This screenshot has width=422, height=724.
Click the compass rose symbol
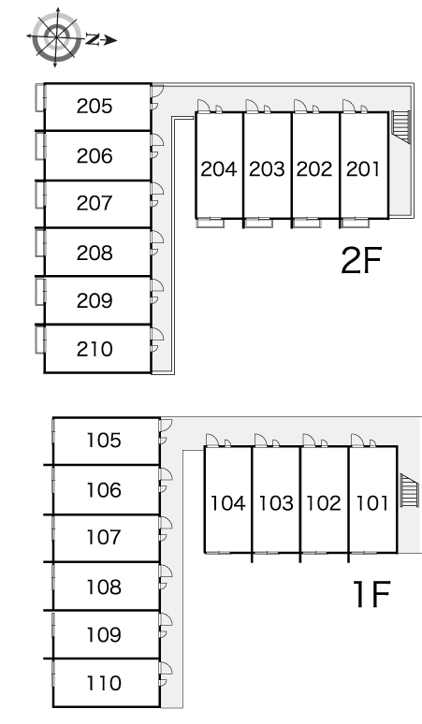coord(56,36)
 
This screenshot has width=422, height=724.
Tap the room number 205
coord(95,107)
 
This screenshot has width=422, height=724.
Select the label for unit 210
coord(95,349)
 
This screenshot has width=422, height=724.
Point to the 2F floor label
coord(361,260)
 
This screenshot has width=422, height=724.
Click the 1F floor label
coord(371,594)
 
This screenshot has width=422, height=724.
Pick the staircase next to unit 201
coord(400,126)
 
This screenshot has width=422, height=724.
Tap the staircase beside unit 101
coord(409,490)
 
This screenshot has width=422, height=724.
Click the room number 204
coord(219,169)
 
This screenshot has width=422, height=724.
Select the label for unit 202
coord(314,169)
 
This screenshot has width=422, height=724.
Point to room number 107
coord(104,538)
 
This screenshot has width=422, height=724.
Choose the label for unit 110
coord(104,683)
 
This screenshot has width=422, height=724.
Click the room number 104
coord(228,503)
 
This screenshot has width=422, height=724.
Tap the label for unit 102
coord(324,503)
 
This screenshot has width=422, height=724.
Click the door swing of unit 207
coord(157,195)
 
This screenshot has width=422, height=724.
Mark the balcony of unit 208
coord(40,243)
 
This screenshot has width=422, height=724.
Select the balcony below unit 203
coord(258,223)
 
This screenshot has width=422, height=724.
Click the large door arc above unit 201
coord(349,107)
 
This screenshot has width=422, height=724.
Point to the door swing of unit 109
coord(166,626)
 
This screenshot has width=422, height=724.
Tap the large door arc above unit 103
coord(261,440)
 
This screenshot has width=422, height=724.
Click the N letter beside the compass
coord(93,40)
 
